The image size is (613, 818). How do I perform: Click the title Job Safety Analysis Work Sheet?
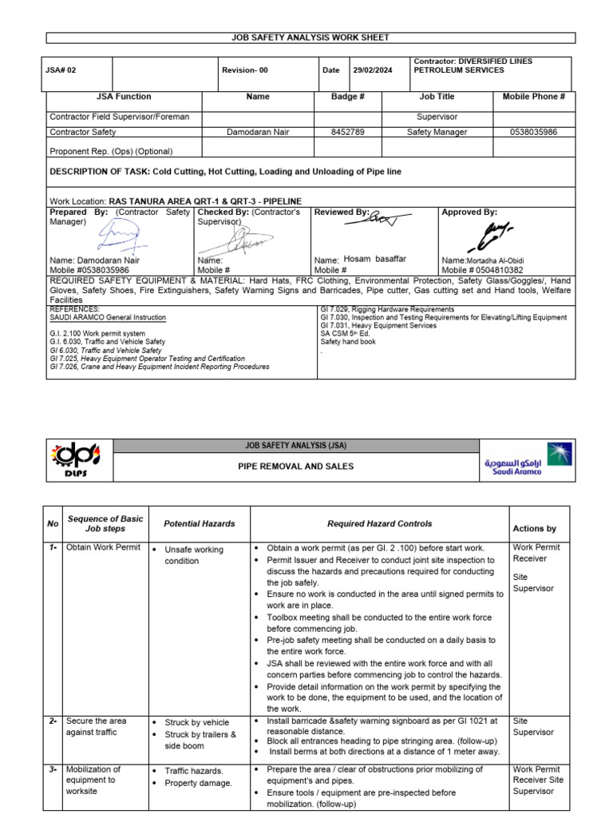click(x=310, y=38)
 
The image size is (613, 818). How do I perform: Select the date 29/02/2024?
click(x=374, y=70)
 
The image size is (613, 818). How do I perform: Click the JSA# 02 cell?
click(x=61, y=70)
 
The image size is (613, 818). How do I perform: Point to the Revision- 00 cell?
click(x=245, y=70)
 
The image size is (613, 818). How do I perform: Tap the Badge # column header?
click(x=347, y=97)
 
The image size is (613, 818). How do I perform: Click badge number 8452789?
click(x=347, y=132)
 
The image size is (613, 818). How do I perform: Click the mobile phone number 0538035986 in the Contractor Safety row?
click(x=533, y=132)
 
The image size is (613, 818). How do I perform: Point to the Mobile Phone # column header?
click(x=533, y=97)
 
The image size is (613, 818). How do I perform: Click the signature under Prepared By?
click(x=117, y=236)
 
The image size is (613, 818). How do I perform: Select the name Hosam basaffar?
click(x=374, y=260)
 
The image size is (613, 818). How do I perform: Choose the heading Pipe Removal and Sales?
click(x=297, y=466)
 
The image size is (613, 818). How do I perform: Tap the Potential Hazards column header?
click(x=199, y=523)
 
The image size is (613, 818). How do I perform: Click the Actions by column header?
click(x=534, y=528)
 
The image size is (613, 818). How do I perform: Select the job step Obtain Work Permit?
click(x=103, y=547)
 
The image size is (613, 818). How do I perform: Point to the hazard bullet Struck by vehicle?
click(x=196, y=722)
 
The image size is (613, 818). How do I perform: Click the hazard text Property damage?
click(x=198, y=783)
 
